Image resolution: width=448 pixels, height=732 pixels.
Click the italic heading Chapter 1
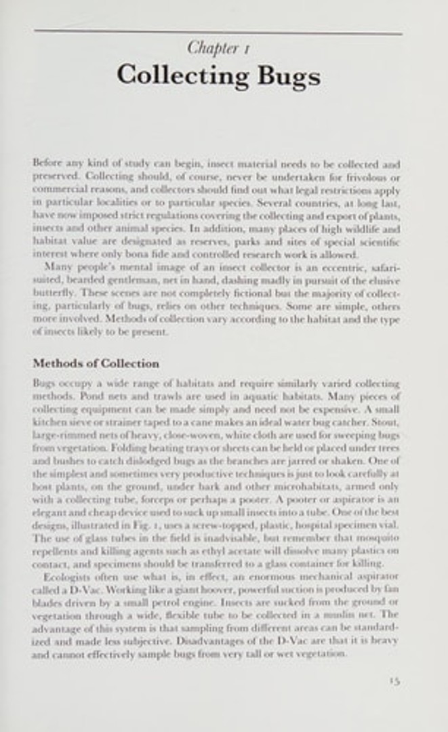213,48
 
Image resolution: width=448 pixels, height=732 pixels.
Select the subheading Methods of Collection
96,363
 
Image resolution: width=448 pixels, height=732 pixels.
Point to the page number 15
394,680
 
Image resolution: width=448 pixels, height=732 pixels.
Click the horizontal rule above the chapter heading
218,32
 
